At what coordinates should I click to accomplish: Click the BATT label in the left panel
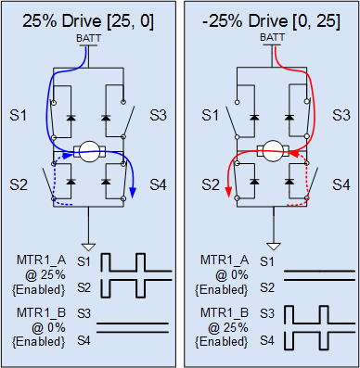coord(88,38)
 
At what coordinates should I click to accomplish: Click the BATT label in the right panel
coord(272,37)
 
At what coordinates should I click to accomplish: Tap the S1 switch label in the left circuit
coord(19,115)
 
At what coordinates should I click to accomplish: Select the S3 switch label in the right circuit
coord(341,115)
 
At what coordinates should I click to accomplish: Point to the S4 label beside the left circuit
coord(158,184)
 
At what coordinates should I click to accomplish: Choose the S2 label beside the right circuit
coord(211,184)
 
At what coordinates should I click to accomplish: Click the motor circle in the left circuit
coord(90,151)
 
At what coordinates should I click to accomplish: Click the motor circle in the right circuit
coord(273,151)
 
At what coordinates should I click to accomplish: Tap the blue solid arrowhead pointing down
coord(133,193)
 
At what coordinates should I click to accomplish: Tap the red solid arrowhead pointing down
coord(228,192)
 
